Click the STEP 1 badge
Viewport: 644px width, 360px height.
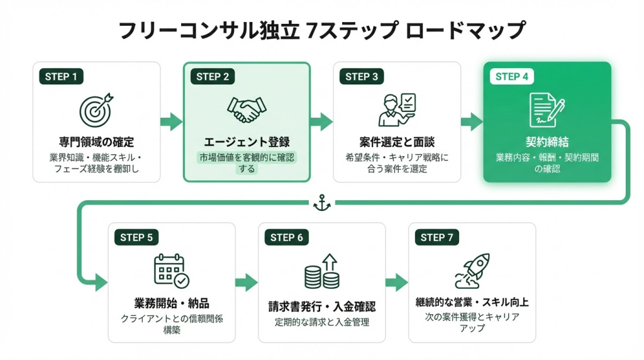coord(62,77)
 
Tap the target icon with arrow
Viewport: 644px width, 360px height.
coord(96,109)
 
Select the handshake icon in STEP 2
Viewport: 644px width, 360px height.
coord(247,110)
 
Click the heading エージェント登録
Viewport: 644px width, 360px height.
coord(247,142)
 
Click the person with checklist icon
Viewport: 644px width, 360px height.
coord(396,109)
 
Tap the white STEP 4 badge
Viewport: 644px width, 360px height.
coord(512,77)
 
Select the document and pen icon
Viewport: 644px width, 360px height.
coord(546,109)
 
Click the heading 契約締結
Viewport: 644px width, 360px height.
coord(547,142)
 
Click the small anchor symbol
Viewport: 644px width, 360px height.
coord(321,203)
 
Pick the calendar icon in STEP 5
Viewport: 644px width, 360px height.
coord(171,271)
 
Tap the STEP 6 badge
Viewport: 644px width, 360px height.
coord(287,237)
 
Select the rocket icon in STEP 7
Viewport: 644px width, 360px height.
coord(472,271)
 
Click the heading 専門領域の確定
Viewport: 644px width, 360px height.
coord(96,142)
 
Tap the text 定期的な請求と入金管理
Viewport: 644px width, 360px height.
coord(321,322)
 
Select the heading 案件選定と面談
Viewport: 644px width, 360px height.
coord(397,142)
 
